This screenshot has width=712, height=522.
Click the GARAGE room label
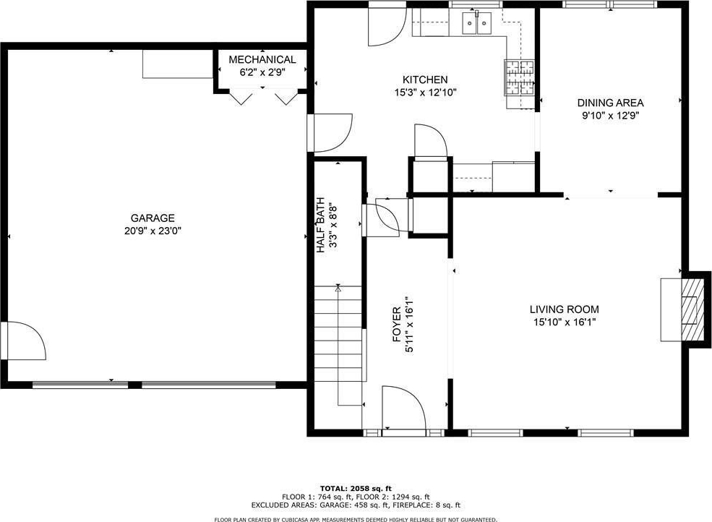point(153,218)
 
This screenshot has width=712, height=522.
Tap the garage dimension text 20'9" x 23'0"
point(153,231)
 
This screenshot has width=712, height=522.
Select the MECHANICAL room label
point(262,59)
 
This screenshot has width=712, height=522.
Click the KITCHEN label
point(426,80)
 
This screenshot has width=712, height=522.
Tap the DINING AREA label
point(610,103)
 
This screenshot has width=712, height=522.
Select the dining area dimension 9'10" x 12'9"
point(611,116)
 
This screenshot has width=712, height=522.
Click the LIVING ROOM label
point(565,309)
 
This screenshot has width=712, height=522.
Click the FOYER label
point(396,325)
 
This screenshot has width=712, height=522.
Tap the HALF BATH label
point(321,226)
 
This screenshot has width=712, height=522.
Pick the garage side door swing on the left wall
point(26,341)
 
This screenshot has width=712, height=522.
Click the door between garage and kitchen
point(333,132)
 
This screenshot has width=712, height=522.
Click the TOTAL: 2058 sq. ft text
point(356,489)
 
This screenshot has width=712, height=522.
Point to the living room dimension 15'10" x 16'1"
point(565,322)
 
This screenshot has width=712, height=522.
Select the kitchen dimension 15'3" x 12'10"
point(426,93)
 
